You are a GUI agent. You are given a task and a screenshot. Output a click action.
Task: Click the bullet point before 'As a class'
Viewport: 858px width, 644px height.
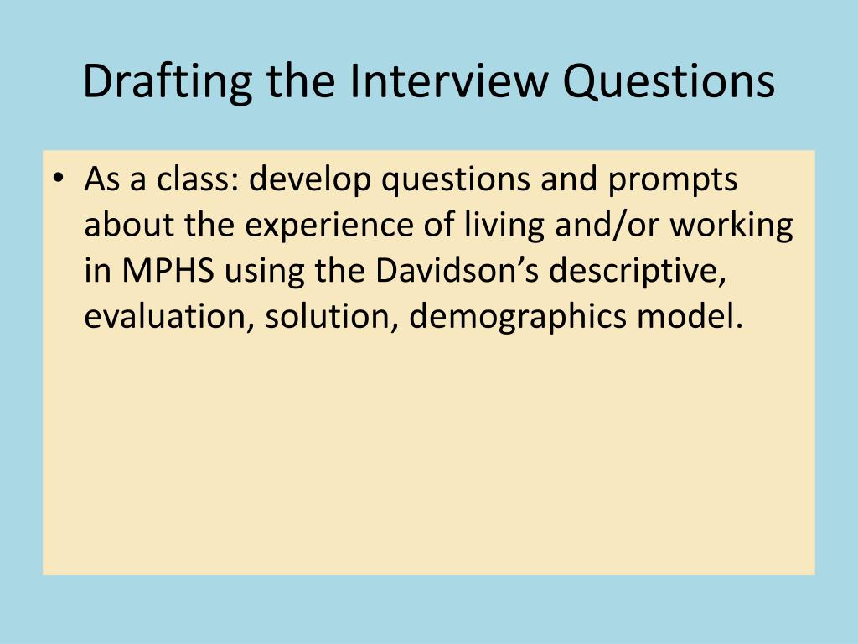click(56, 179)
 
